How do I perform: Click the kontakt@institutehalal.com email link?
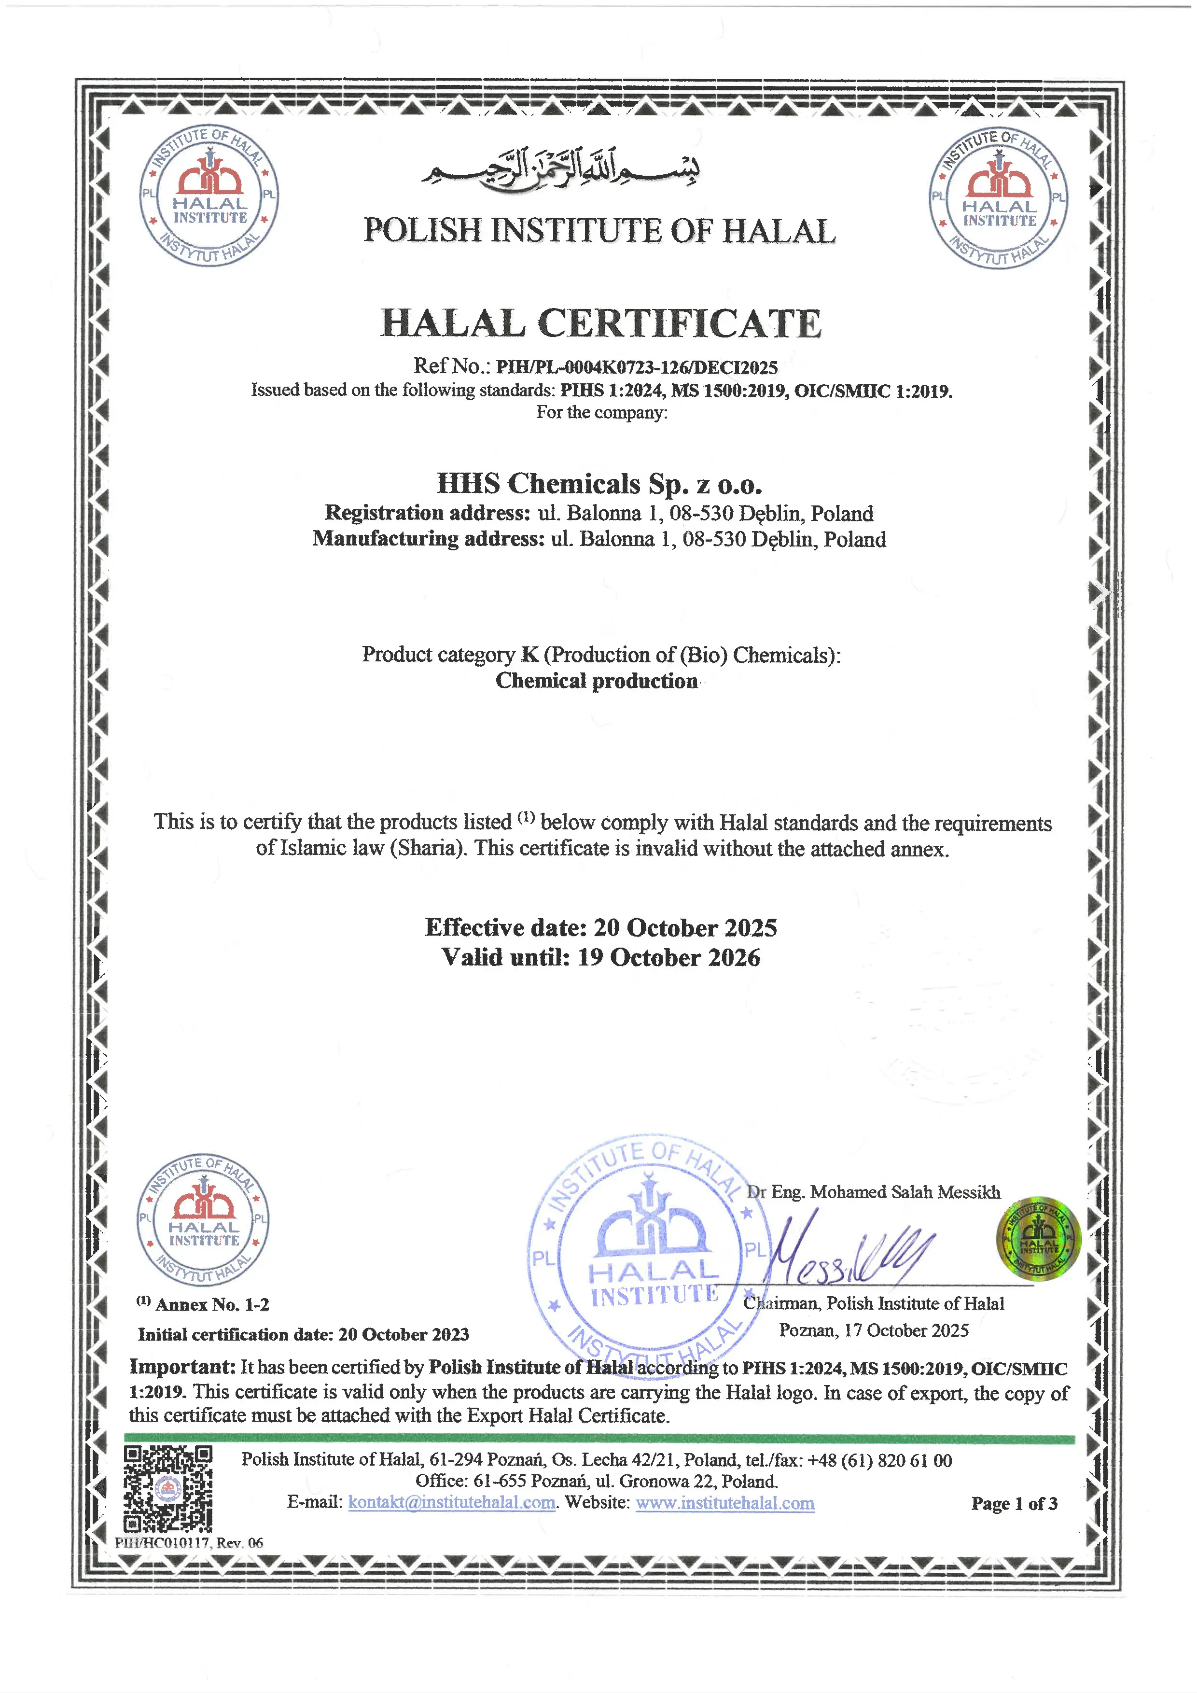(x=451, y=1503)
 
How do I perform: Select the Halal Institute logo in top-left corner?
(x=209, y=196)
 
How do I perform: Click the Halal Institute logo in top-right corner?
(x=999, y=198)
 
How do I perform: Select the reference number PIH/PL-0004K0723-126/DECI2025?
(x=636, y=367)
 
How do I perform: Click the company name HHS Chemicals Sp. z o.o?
(x=599, y=484)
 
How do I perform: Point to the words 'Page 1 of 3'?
(x=1014, y=1503)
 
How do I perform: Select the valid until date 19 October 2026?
(x=668, y=957)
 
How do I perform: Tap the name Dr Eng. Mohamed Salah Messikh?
(x=874, y=1192)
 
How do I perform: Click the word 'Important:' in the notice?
(x=182, y=1366)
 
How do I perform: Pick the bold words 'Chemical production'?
(x=596, y=681)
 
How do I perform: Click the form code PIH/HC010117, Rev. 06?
(x=189, y=1542)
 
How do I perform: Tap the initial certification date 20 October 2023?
(x=403, y=1334)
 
